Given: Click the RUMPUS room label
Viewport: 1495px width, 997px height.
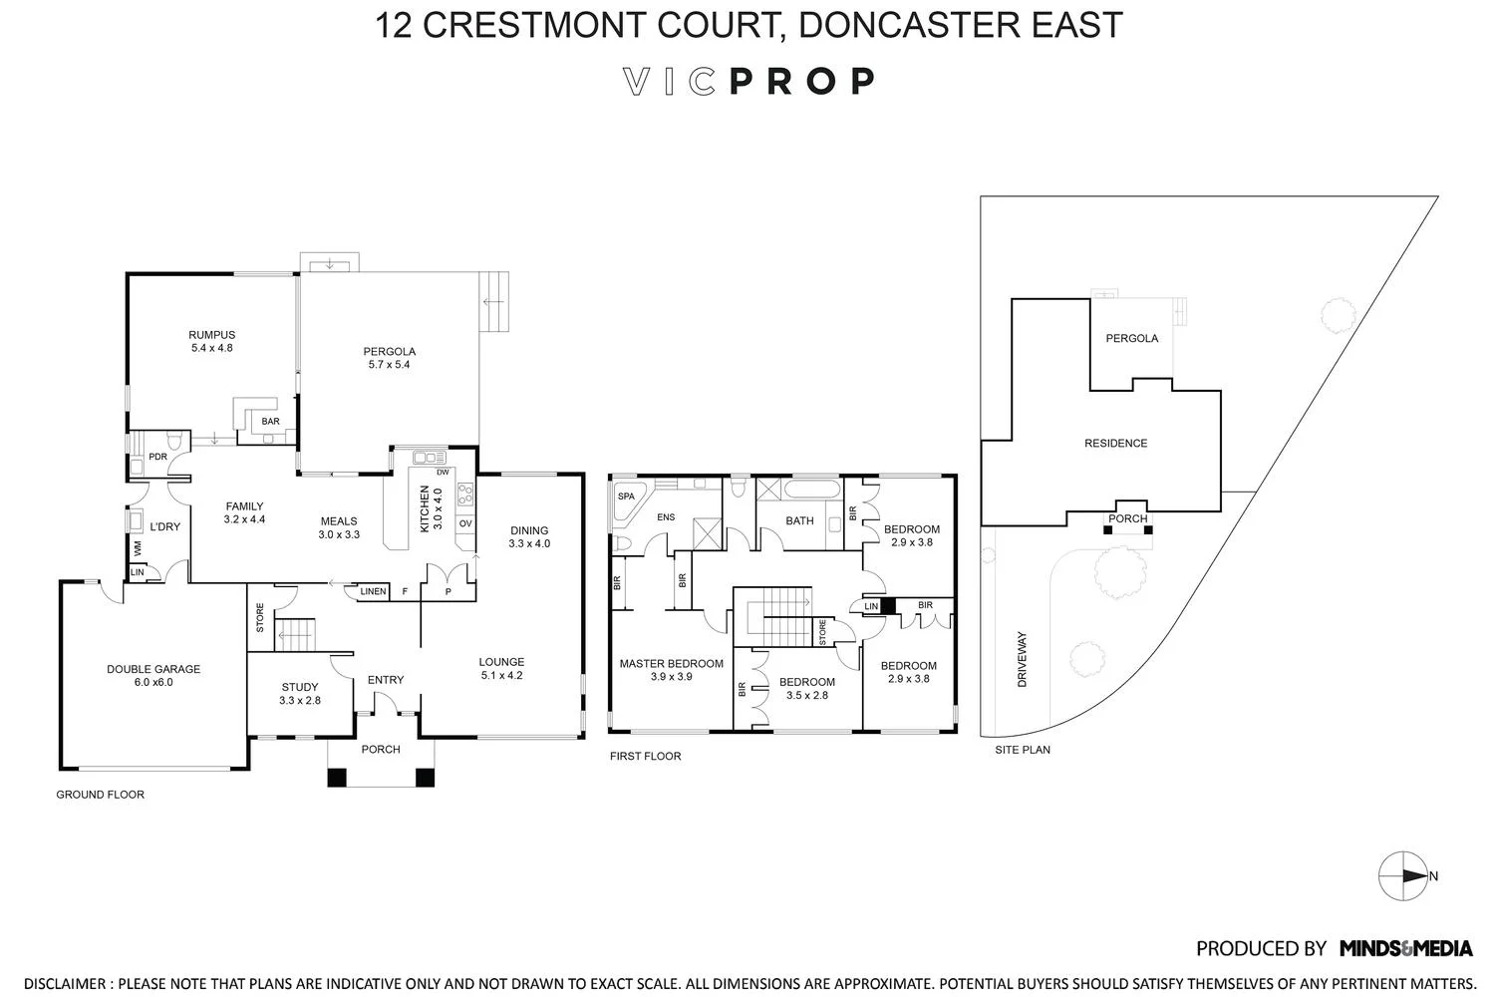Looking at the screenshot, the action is point(211,335).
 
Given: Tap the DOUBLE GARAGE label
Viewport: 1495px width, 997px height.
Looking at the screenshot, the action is point(153,669).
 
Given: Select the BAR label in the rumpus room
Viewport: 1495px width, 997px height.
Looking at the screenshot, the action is point(270,422).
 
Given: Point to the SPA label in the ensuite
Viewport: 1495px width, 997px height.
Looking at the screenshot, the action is point(626,496).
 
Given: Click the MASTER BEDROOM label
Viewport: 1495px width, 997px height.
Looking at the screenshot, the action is point(671,663).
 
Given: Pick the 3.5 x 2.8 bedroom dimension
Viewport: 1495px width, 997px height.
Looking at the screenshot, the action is point(806,695).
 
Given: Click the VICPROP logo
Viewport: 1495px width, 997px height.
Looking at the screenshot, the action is point(748,81).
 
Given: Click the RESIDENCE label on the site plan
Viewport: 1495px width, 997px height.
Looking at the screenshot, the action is point(1115,443).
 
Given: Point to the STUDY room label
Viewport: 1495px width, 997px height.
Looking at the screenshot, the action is point(299,687).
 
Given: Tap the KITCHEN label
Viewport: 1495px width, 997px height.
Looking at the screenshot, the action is point(425,508).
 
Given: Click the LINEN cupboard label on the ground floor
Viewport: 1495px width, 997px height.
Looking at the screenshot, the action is point(373,591).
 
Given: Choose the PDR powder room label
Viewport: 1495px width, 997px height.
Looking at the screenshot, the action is point(157,457).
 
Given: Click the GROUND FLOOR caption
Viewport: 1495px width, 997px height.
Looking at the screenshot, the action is point(100,795).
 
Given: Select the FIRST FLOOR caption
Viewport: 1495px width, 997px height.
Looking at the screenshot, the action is point(645,756).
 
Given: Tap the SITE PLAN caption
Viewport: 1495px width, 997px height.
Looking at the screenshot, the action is point(1023,750).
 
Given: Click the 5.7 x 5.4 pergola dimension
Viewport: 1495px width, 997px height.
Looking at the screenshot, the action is point(389,365).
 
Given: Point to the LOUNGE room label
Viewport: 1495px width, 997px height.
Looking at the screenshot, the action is point(500,662).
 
